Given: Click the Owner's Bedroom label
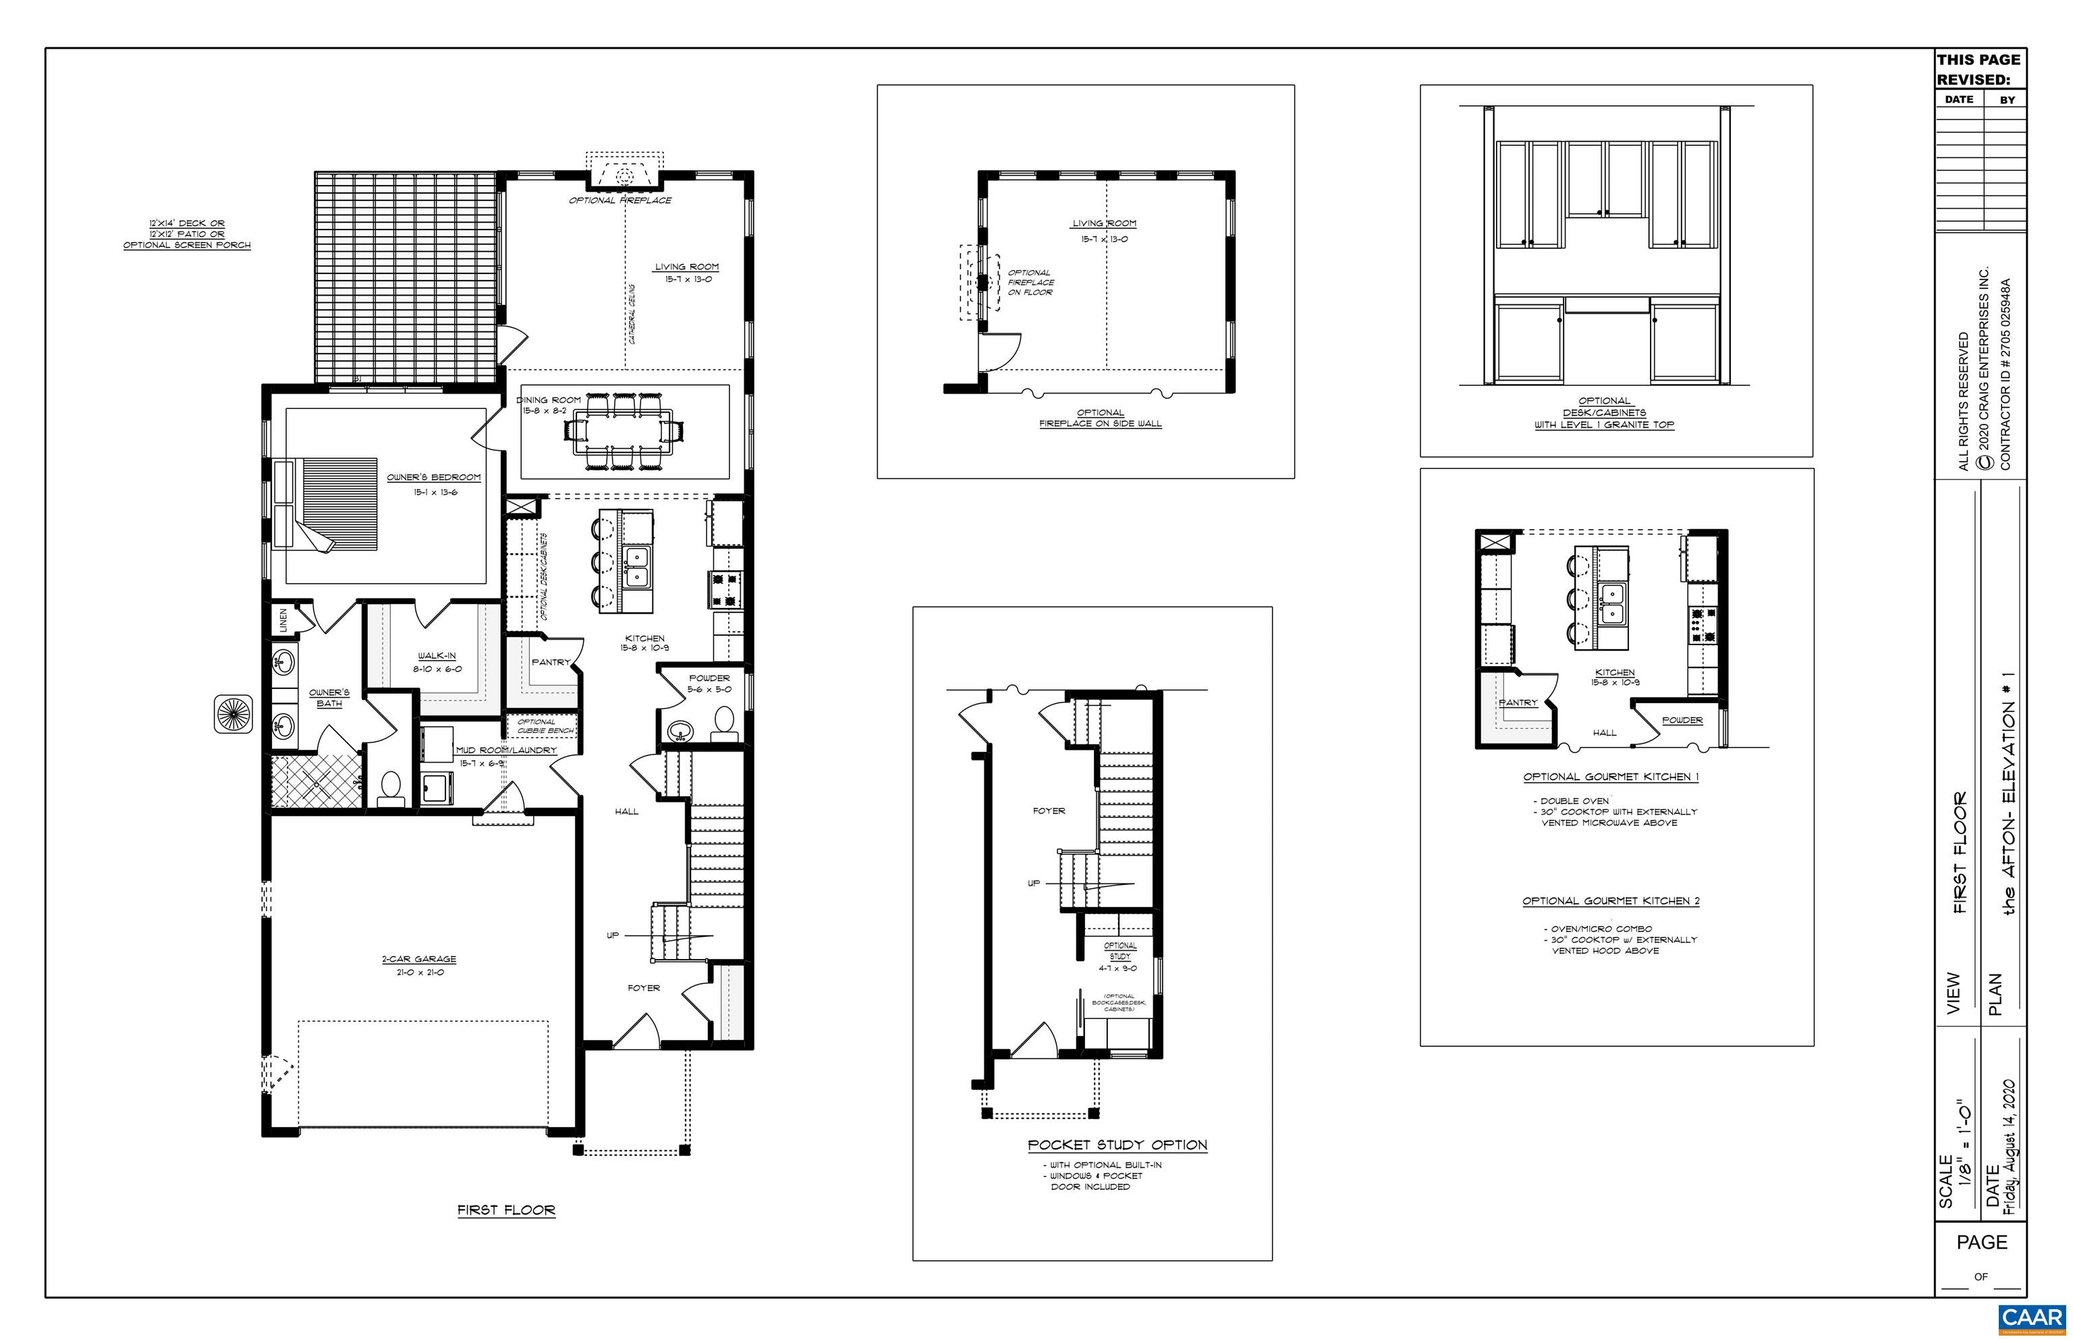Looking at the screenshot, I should click(434, 477).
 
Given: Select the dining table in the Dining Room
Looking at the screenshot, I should click(624, 432).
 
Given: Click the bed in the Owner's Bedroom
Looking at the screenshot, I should click(331, 504).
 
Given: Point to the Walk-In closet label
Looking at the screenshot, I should click(436, 656).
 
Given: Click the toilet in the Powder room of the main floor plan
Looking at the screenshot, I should click(723, 722).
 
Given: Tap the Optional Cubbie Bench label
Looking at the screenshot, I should click(544, 726).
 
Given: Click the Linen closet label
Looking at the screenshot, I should click(283, 620).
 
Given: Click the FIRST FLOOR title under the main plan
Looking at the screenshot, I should click(506, 1209).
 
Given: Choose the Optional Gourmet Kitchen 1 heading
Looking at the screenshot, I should click(1611, 777).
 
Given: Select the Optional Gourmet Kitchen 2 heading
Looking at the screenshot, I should click(1611, 901).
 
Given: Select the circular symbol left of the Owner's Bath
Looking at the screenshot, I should click(232, 714).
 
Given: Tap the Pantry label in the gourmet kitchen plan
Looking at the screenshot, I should click(1518, 703).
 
